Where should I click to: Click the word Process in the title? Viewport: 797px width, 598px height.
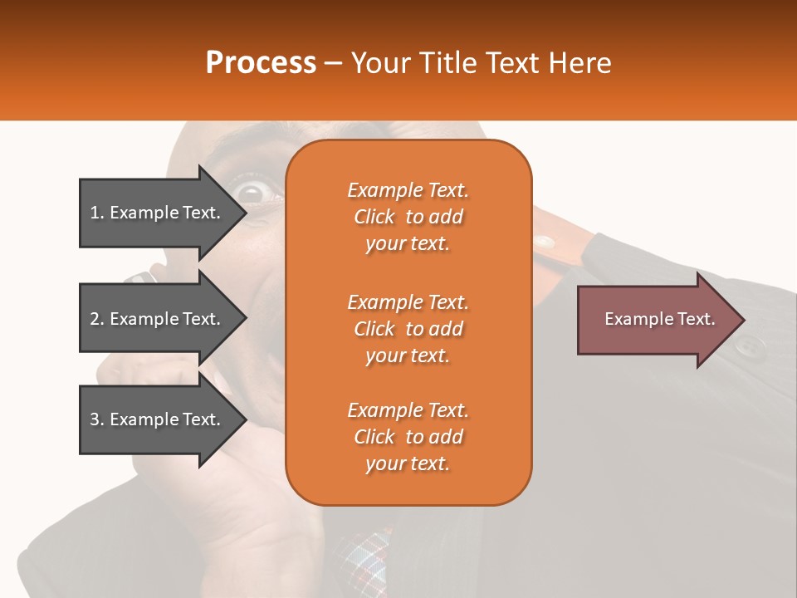tap(261, 63)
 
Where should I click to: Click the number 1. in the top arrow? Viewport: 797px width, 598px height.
tap(97, 213)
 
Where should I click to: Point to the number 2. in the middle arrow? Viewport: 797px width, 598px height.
tap(97, 319)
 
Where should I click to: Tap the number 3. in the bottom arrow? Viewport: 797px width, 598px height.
tap(97, 419)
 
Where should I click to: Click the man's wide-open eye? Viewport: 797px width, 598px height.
tap(251, 193)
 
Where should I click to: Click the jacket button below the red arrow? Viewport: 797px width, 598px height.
tap(750, 346)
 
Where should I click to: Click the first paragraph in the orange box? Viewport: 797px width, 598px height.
tap(408, 217)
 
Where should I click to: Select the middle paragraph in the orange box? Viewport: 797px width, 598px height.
tap(408, 329)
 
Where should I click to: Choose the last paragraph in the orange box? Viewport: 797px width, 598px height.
tap(408, 437)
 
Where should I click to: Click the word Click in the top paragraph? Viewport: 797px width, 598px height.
tap(374, 217)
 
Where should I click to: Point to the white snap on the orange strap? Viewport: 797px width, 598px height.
tap(544, 243)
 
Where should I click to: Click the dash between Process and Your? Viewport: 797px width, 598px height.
tap(334, 63)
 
